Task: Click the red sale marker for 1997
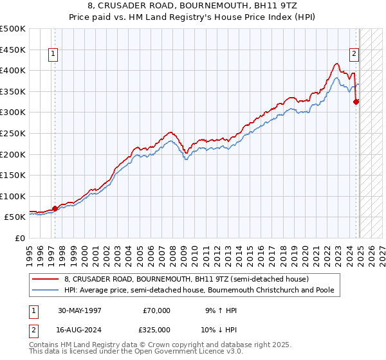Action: (55, 208)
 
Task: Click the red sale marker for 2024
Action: (356, 101)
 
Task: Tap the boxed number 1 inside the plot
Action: (52, 55)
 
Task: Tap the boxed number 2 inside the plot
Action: (354, 55)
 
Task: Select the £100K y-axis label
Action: (14, 196)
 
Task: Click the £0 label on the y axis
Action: (20, 238)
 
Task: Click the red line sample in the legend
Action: (46, 279)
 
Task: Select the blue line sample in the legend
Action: (46, 291)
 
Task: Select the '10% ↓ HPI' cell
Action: (219, 329)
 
